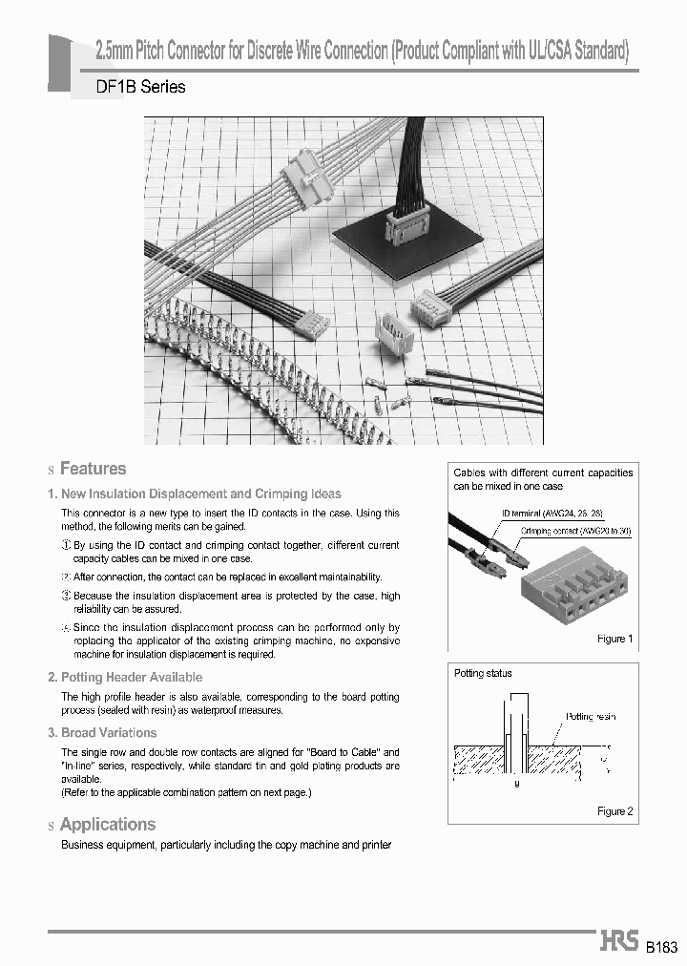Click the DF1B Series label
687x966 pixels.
tap(141, 87)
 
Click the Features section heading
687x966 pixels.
tap(93, 469)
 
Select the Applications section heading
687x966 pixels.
tap(107, 825)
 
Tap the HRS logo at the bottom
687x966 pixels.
tap(619, 940)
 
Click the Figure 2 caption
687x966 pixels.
tap(615, 811)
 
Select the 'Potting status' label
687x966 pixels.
tap(483, 674)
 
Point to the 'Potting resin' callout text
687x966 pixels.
tap(592, 715)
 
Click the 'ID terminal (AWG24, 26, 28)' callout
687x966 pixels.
tap(552, 514)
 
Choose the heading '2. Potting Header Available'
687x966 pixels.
tap(125, 677)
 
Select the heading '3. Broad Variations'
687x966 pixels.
tap(102, 733)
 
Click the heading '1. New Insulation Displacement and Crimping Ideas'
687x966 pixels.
tap(194, 493)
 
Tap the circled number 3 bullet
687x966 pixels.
tap(66, 596)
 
